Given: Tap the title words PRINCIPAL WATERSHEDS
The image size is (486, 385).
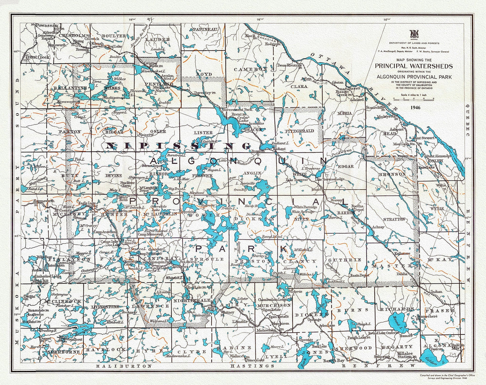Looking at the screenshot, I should tap(414, 66).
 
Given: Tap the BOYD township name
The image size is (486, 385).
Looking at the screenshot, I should tap(204, 74).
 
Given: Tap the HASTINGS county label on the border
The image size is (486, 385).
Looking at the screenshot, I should tap(252, 365).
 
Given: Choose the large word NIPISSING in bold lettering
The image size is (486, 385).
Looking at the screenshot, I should tap(178, 146).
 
